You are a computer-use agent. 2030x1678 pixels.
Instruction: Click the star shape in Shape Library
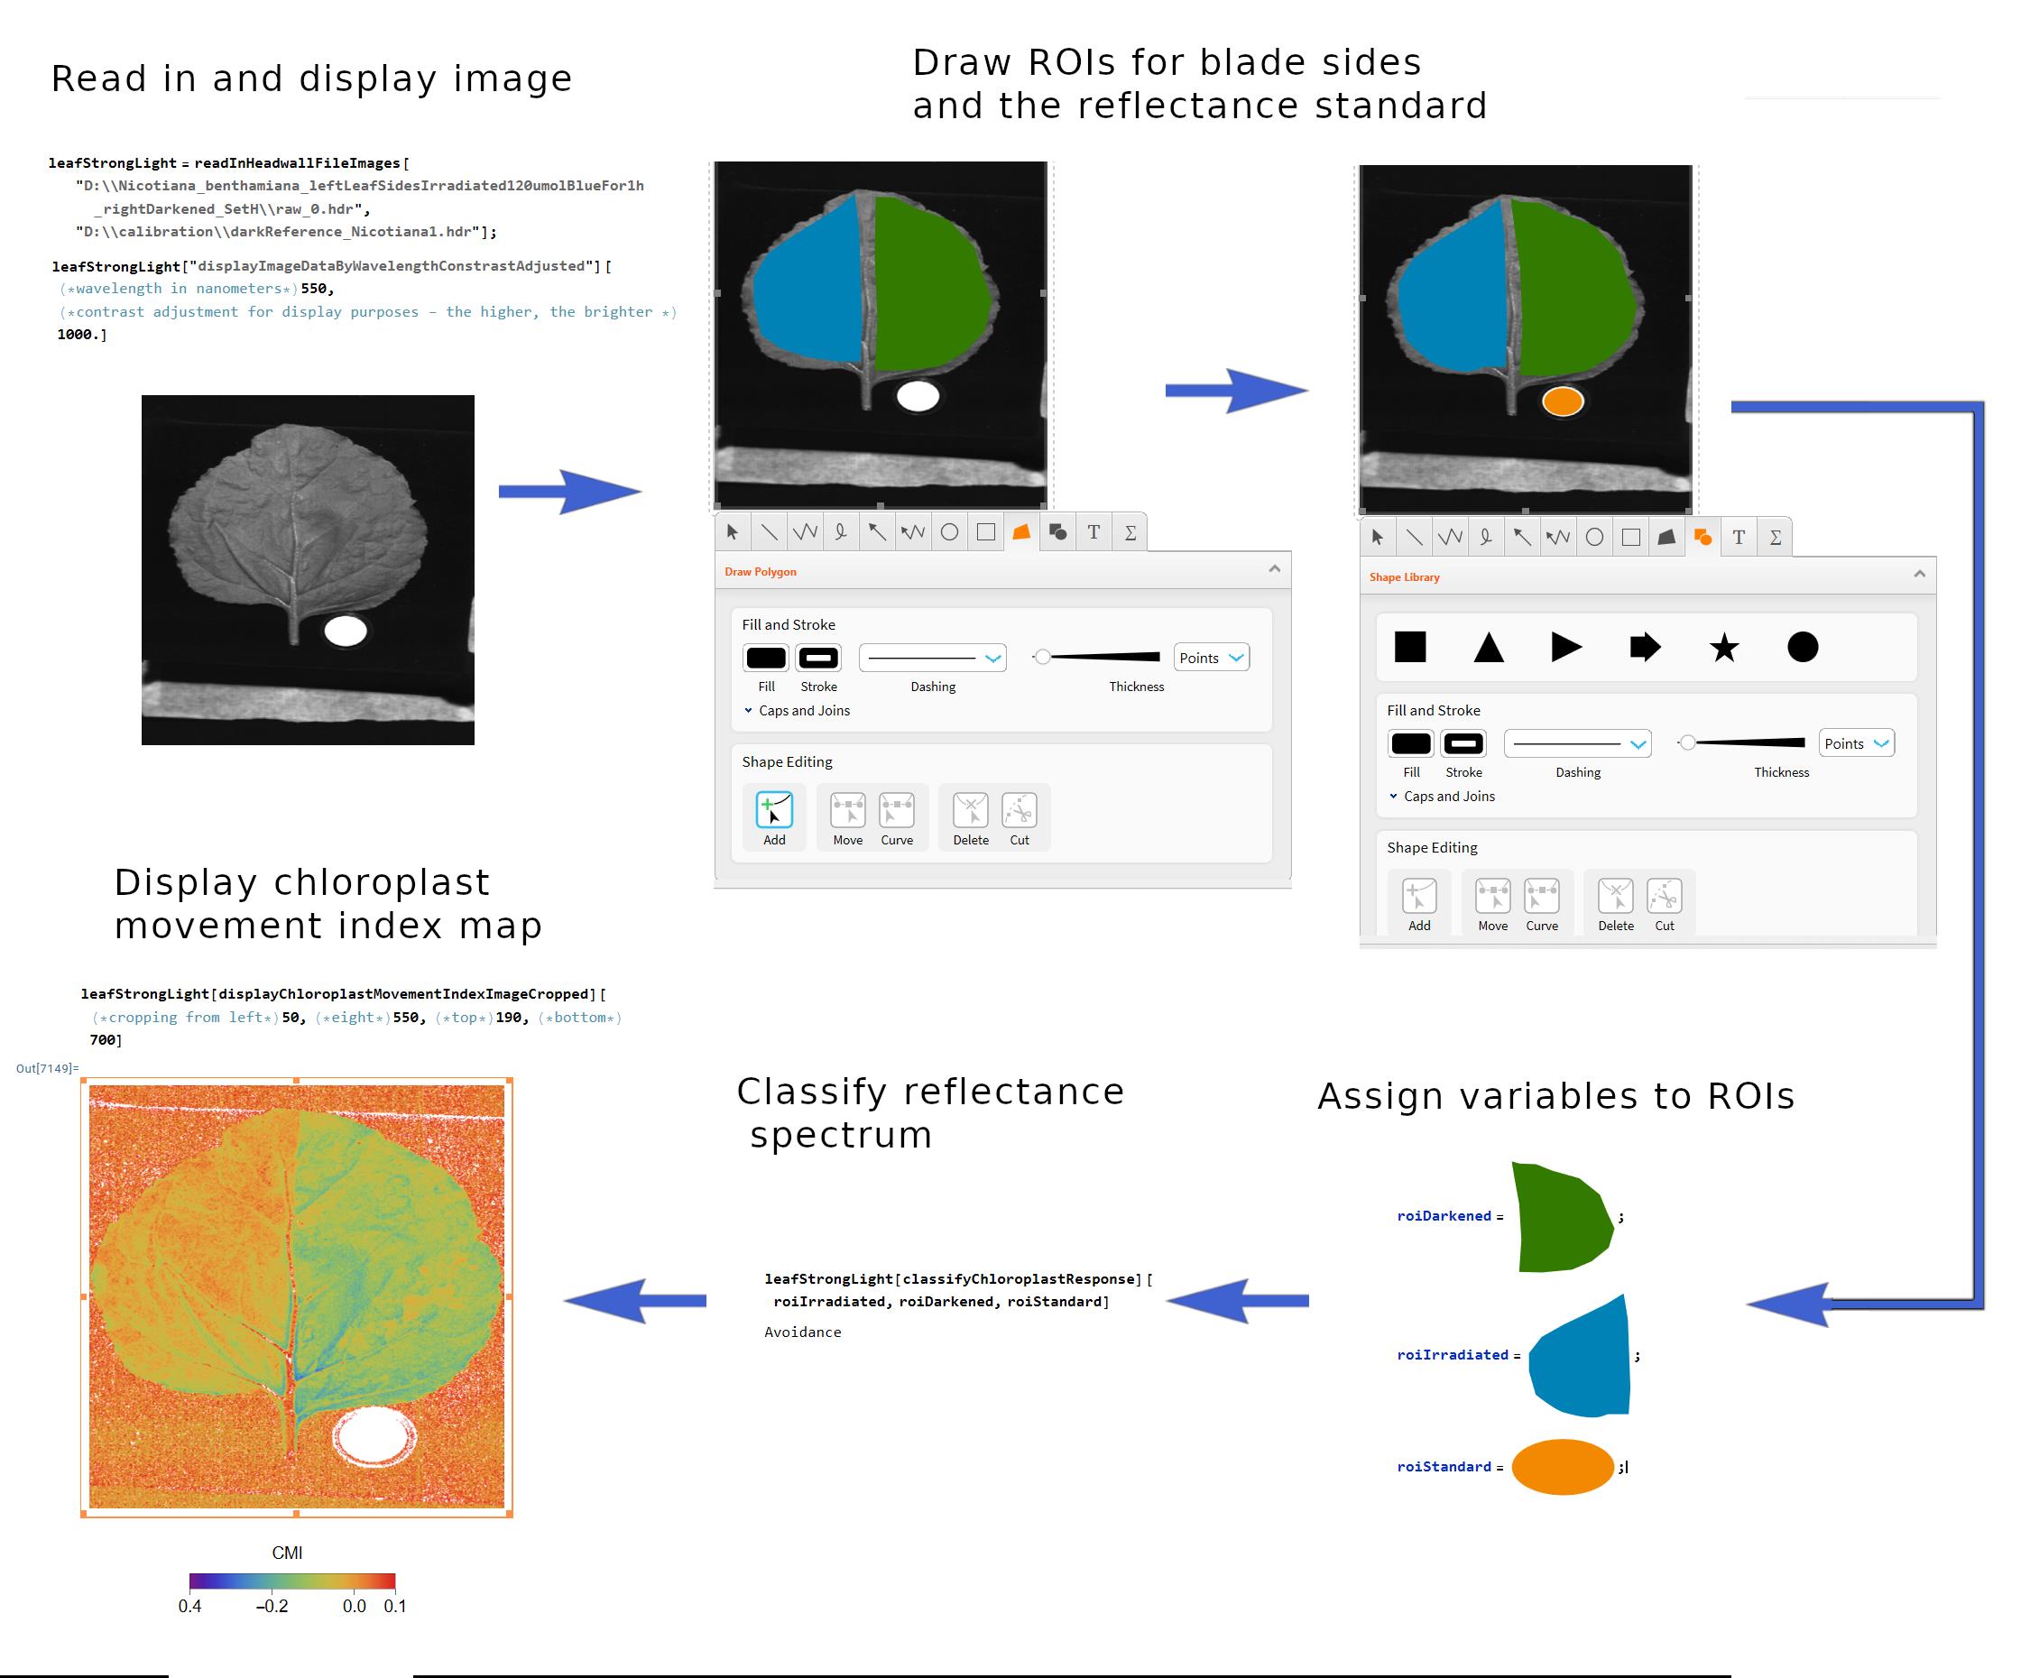1723,647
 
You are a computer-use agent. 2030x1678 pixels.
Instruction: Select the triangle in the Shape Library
1489,647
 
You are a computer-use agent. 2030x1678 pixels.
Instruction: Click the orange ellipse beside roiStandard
1562,1466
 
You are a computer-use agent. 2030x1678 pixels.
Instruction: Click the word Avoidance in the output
802,1332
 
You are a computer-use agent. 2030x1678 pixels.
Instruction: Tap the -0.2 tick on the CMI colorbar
272,1606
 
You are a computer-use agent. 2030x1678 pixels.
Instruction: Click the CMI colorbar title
287,1553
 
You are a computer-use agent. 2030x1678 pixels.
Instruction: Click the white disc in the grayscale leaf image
345,632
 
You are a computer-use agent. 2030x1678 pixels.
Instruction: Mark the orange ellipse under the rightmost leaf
1562,401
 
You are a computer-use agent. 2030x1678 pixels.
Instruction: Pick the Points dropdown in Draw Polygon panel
1211,658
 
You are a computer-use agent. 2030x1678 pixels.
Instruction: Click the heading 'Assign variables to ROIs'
1556,1096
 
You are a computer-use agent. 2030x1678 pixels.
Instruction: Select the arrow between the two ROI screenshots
1236,391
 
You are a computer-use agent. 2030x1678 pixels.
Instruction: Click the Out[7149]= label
47,1068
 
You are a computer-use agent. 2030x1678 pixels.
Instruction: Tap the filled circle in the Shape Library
1803,647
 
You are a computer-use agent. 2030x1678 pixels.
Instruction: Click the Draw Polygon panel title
761,571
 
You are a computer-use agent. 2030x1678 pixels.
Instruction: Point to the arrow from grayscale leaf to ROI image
570,491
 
